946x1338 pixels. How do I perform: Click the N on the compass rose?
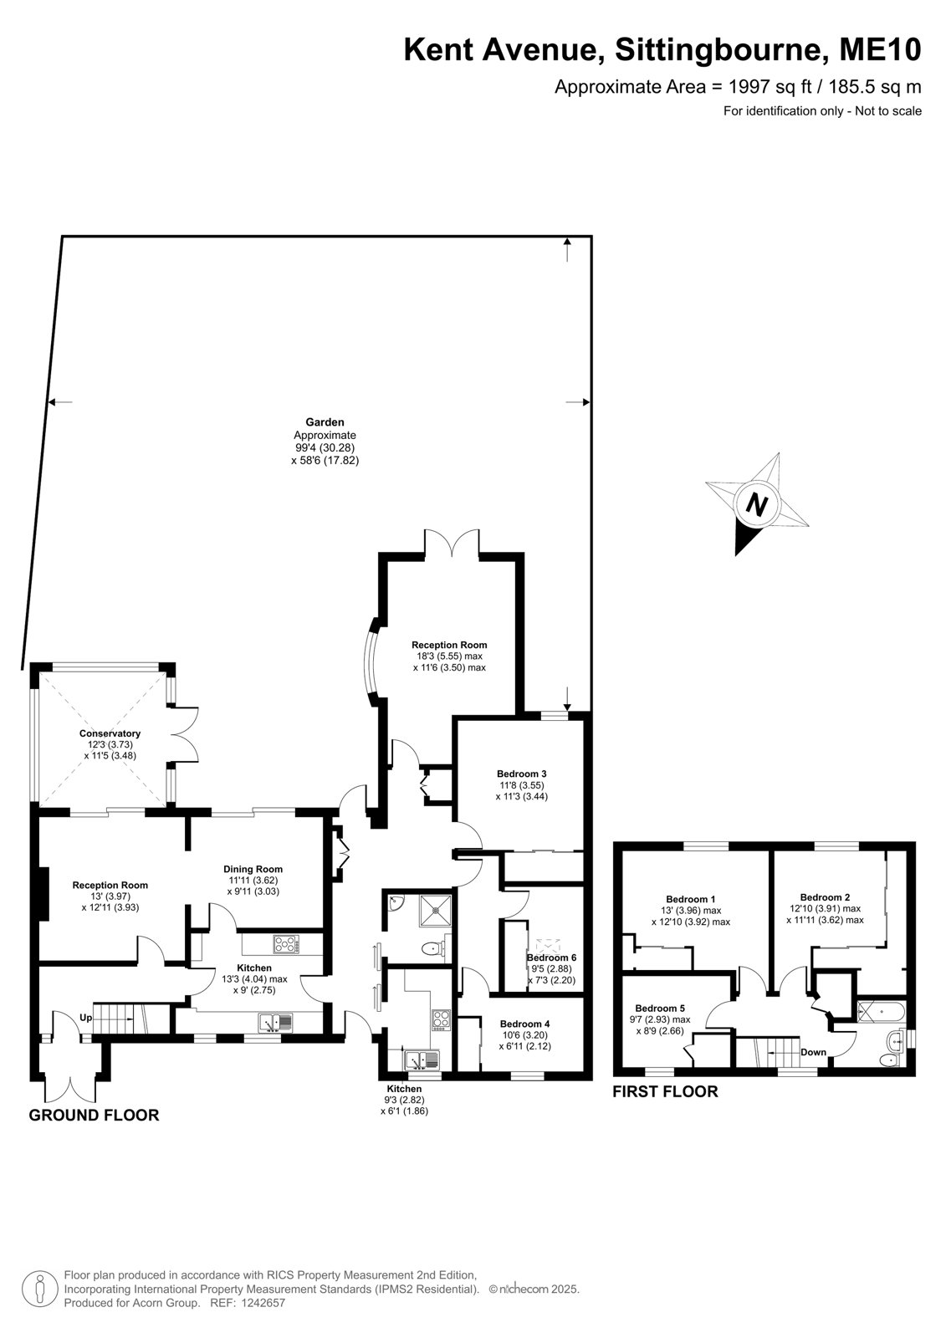coord(757,505)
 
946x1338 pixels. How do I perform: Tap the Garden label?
coord(325,422)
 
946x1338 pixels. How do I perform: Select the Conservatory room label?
coord(110,733)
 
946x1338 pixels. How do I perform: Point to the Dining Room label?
coord(253,869)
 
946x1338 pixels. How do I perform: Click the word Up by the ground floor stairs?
coord(85,1018)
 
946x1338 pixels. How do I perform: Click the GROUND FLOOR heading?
coord(94,1116)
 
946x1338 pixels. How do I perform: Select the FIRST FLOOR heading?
coord(665,1091)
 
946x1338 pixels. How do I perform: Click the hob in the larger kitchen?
coord(286,944)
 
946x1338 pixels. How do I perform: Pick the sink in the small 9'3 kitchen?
coord(422,1060)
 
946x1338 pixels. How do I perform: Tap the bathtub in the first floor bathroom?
coord(882,1010)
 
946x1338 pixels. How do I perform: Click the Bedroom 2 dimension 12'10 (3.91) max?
coord(825,908)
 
